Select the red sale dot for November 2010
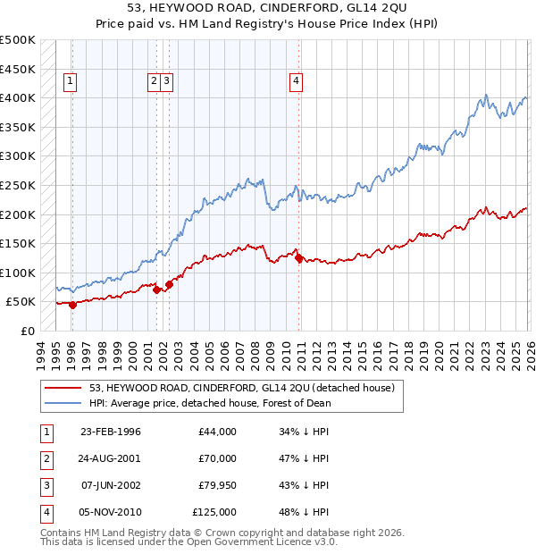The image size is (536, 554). click(x=298, y=258)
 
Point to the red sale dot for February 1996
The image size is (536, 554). click(x=72, y=305)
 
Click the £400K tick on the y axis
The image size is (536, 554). click(x=18, y=97)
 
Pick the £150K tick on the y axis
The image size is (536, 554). click(x=18, y=243)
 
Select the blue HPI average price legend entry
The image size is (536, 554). click(x=210, y=403)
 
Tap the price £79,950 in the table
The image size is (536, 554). click(x=214, y=485)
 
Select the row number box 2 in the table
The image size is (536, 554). click(x=45, y=458)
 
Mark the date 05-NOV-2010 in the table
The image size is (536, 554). click(x=111, y=512)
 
